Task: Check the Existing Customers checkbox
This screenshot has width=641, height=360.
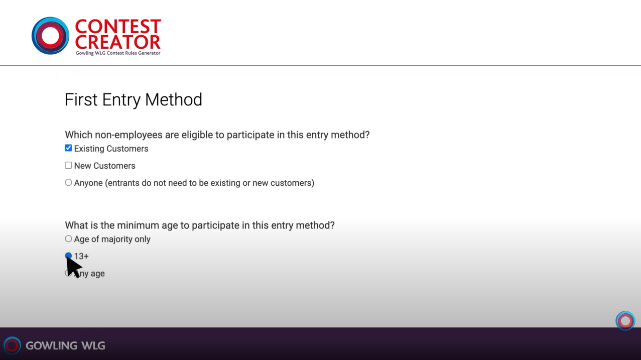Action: pyautogui.click(x=68, y=148)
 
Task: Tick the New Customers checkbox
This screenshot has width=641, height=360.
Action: pyautogui.click(x=68, y=165)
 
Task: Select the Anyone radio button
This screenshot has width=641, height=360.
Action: pyautogui.click(x=68, y=182)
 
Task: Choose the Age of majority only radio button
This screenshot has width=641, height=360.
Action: pyautogui.click(x=68, y=238)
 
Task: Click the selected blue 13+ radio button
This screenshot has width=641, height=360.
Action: pyautogui.click(x=68, y=255)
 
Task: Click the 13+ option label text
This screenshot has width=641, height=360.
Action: pyautogui.click(x=81, y=256)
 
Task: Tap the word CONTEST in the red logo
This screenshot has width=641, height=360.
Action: pyautogui.click(x=118, y=27)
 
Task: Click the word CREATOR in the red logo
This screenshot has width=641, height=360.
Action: pyautogui.click(x=117, y=42)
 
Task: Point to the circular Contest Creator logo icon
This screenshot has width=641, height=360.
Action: pyautogui.click(x=50, y=36)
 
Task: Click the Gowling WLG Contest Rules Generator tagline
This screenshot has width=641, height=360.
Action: pyautogui.click(x=118, y=53)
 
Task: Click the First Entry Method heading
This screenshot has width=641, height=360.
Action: pyautogui.click(x=134, y=99)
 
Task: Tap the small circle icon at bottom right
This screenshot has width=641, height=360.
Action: pyautogui.click(x=625, y=321)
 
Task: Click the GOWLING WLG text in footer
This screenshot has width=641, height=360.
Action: pyautogui.click(x=66, y=345)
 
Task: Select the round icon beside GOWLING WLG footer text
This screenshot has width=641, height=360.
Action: pyautogui.click(x=12, y=345)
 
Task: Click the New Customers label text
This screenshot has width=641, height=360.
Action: pyautogui.click(x=105, y=166)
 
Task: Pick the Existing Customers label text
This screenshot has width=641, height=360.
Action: pyautogui.click(x=111, y=149)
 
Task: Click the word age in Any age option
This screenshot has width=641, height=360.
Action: pyautogui.click(x=97, y=274)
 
